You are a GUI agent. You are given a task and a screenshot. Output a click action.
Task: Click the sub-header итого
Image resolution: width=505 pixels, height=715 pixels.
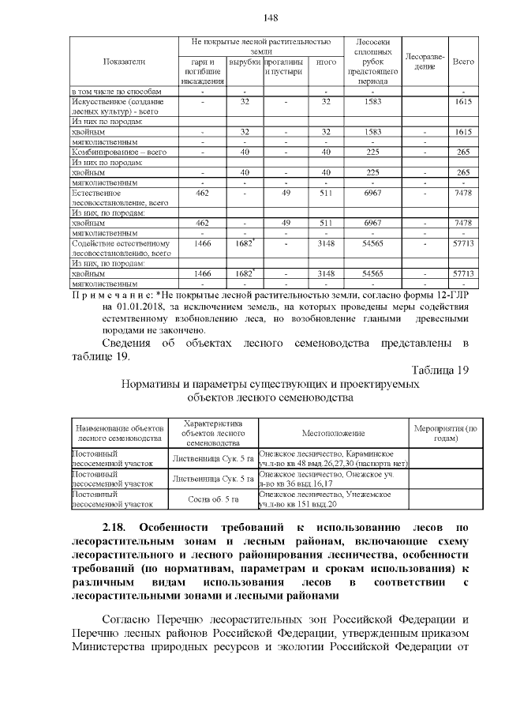click(x=326, y=62)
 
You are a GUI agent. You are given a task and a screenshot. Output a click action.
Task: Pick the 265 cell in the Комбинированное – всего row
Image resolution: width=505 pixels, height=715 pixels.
click(x=463, y=152)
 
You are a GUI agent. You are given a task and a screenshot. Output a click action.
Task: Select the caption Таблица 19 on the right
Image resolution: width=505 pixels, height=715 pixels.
click(x=440, y=370)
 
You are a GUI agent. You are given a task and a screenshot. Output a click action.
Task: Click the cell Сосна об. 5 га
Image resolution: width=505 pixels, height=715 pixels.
click(x=213, y=499)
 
